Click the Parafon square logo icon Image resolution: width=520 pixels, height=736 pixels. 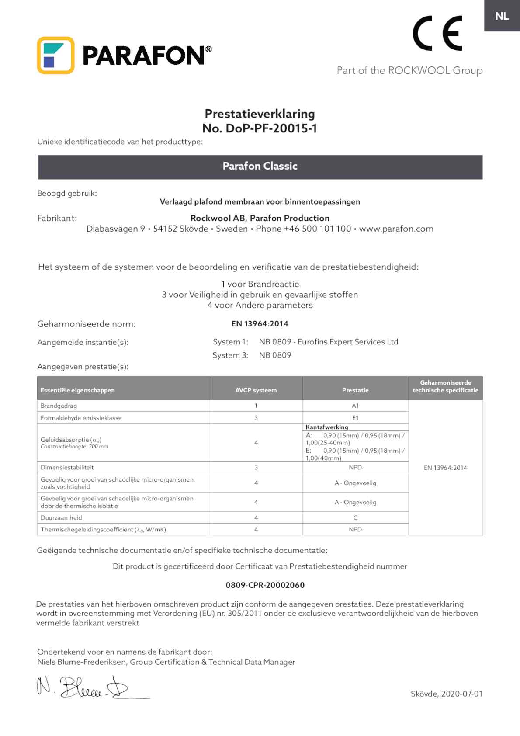click(55, 55)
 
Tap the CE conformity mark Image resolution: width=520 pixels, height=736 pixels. click(437, 33)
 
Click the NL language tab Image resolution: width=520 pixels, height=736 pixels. click(502, 16)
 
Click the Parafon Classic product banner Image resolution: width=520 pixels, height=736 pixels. click(260, 167)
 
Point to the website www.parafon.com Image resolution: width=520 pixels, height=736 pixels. click(396, 229)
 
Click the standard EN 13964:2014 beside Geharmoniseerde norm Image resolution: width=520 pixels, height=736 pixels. click(260, 324)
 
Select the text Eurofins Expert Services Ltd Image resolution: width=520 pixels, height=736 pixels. click(348, 342)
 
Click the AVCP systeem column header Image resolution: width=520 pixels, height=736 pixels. click(256, 390)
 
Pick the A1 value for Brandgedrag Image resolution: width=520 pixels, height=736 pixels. click(355, 406)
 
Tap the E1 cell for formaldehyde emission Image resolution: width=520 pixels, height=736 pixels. click(355, 418)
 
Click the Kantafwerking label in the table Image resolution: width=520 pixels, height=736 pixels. click(327, 427)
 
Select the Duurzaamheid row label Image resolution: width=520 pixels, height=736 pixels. click(61, 517)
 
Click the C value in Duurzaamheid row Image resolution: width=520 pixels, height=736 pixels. click(355, 517)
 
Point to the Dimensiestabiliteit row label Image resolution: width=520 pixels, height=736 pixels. click(67, 467)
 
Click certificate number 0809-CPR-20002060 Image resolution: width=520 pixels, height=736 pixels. click(265, 585)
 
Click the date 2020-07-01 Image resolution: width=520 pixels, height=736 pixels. click(461, 694)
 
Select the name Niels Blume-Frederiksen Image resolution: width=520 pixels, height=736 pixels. click(82, 662)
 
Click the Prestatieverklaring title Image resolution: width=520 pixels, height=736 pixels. click(260, 114)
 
